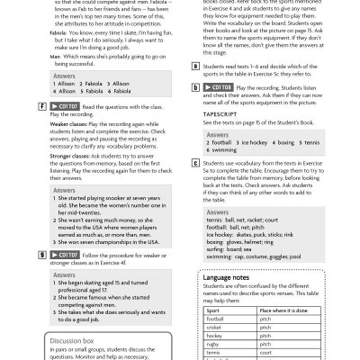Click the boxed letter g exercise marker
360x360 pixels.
43,256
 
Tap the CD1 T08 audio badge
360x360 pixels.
212,87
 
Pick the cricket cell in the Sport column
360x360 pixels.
215,327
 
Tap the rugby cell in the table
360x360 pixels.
213,345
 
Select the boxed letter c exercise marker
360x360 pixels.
196,163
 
